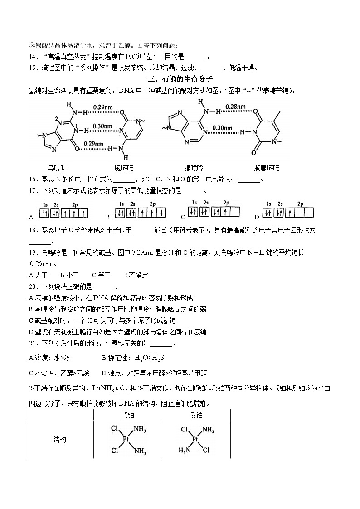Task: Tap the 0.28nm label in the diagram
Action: (236, 107)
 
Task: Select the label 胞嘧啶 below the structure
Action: (124, 168)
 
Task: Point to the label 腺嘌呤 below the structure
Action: (194, 168)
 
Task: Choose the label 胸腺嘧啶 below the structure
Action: (267, 168)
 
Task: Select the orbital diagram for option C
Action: (214, 210)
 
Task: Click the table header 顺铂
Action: (127, 415)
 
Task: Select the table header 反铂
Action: (196, 415)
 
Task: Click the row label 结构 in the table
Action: (59, 440)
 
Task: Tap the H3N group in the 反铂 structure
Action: (184, 450)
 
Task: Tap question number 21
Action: (32, 343)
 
